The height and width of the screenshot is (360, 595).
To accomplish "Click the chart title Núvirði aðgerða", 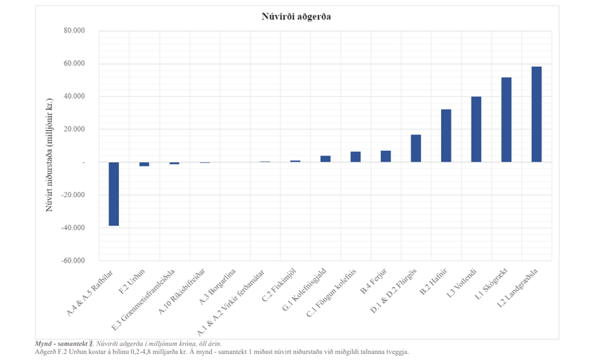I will pos(296,16).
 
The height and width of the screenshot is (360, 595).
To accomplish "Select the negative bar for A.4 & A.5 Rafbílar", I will pos(114,193).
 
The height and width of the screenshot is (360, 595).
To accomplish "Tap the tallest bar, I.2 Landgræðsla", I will pos(536,115).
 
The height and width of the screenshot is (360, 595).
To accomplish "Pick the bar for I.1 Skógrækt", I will pos(506,120).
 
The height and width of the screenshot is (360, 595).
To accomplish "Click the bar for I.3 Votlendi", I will pos(476,129).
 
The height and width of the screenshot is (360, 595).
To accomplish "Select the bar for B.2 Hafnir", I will pos(446,135).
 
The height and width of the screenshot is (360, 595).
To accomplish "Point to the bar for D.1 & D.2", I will pos(416,148).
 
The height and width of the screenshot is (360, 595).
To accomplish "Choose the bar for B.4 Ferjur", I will pos(385,156).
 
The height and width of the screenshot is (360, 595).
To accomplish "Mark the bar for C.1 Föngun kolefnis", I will pos(356,157).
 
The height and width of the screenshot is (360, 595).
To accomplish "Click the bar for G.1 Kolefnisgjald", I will pos(325,158).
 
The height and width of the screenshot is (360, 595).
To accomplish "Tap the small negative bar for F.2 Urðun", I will pos(144,164).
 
